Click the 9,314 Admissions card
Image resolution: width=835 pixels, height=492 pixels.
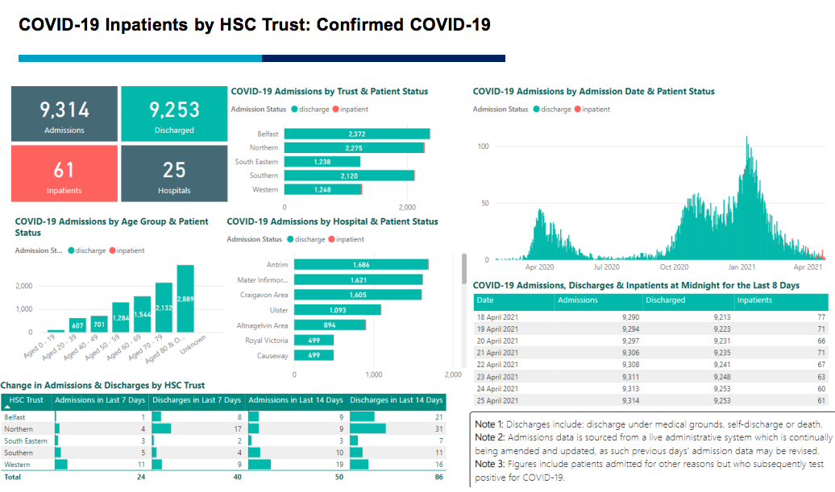click(64, 115)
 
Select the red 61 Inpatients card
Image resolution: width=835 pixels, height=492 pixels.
click(64, 174)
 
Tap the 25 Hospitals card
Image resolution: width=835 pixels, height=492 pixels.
click(174, 174)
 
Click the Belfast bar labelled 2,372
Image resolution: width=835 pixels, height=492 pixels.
click(356, 134)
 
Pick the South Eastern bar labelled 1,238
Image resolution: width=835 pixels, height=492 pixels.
click(322, 162)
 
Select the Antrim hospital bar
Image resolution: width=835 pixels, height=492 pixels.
click(360, 265)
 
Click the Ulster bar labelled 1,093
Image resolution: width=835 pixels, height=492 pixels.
click(337, 310)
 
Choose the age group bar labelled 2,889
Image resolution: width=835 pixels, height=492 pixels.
click(185, 298)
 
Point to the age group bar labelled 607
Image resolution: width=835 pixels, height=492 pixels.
click(77, 325)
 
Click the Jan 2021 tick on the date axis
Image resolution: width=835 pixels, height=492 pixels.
click(742, 267)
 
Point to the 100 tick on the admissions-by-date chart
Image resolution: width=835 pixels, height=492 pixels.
click(484, 146)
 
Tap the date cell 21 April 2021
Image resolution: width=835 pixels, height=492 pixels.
click(496, 353)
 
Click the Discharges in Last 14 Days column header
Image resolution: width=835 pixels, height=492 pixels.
click(397, 400)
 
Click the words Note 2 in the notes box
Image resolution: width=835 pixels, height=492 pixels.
click(488, 437)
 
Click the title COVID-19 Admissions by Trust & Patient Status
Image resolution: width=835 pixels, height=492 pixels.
click(329, 92)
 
